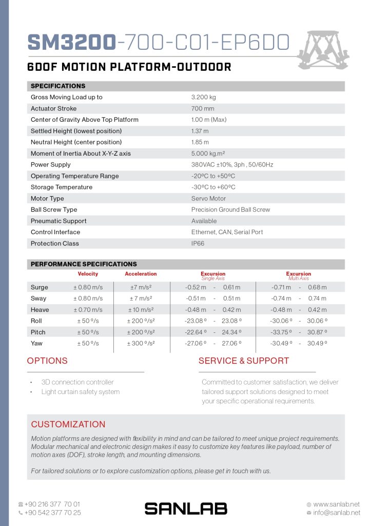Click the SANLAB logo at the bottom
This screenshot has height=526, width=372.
pyautogui.click(x=186, y=509)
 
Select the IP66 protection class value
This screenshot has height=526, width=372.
pyautogui.click(x=198, y=243)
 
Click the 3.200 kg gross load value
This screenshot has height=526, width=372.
pyautogui.click(x=203, y=97)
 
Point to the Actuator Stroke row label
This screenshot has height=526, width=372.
pyautogui.click(x=54, y=108)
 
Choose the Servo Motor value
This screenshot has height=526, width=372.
pyautogui.click(x=208, y=198)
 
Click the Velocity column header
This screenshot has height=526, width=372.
pyautogui.click(x=88, y=274)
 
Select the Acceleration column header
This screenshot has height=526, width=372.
pyautogui.click(x=141, y=274)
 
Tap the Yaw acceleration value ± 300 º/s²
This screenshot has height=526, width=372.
pyautogui.click(x=141, y=344)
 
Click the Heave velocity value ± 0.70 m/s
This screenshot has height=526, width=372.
pyautogui.click(x=88, y=310)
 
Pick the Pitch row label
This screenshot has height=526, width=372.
pyautogui.click(x=38, y=332)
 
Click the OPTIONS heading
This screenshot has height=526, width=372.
pyautogui.click(x=47, y=361)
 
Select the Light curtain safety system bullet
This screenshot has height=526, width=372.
pyautogui.click(x=81, y=392)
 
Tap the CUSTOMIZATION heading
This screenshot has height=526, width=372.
pyautogui.click(x=68, y=424)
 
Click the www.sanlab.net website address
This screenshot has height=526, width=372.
pyautogui.click(x=336, y=504)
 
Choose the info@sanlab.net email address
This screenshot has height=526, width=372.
pyautogui.click(x=336, y=513)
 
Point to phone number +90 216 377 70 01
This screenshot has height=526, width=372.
pyautogui.click(x=52, y=504)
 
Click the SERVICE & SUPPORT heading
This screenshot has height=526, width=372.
pyautogui.click(x=244, y=361)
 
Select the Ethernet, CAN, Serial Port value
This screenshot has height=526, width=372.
pyautogui.click(x=227, y=232)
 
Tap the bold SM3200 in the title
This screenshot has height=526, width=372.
pyautogui.click(x=71, y=43)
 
